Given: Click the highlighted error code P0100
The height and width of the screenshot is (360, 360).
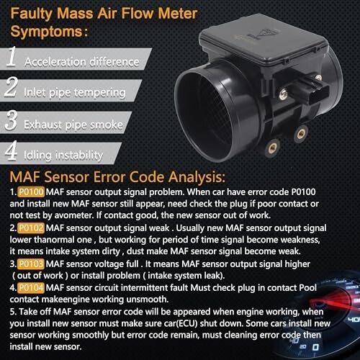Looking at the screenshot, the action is (31, 192).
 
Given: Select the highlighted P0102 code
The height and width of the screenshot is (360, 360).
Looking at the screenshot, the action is (31, 228).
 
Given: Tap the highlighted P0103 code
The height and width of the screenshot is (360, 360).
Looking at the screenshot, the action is (31, 264).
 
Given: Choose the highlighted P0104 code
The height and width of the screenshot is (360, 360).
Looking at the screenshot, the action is (31, 288).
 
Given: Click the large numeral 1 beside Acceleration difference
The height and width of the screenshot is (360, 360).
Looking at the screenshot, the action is (12, 56).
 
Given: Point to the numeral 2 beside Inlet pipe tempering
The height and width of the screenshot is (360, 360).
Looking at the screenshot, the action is (11, 87).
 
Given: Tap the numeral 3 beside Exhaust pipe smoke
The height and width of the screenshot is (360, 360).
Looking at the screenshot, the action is (11, 120).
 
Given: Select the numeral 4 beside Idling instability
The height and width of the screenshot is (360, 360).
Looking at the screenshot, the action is (11, 150).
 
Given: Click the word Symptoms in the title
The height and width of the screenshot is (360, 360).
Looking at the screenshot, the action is (47, 32).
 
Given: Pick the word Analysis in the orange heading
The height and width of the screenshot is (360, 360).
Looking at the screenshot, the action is (197, 178).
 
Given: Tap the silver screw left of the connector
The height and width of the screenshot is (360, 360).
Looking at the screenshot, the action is (284, 94).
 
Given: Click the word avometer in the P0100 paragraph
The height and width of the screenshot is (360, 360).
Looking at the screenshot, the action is (73, 215).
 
